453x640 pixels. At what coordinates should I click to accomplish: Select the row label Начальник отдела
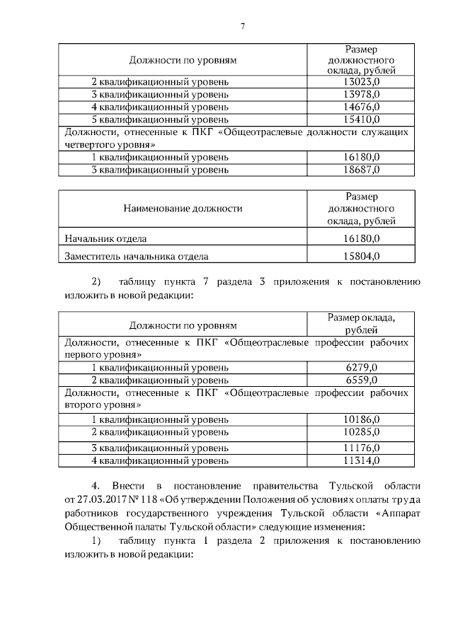pos(106,239)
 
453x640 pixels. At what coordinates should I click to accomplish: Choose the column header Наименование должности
pos(183,209)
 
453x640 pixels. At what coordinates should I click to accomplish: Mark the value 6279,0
pos(361,368)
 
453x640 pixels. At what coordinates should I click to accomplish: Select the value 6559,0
pos(361,380)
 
